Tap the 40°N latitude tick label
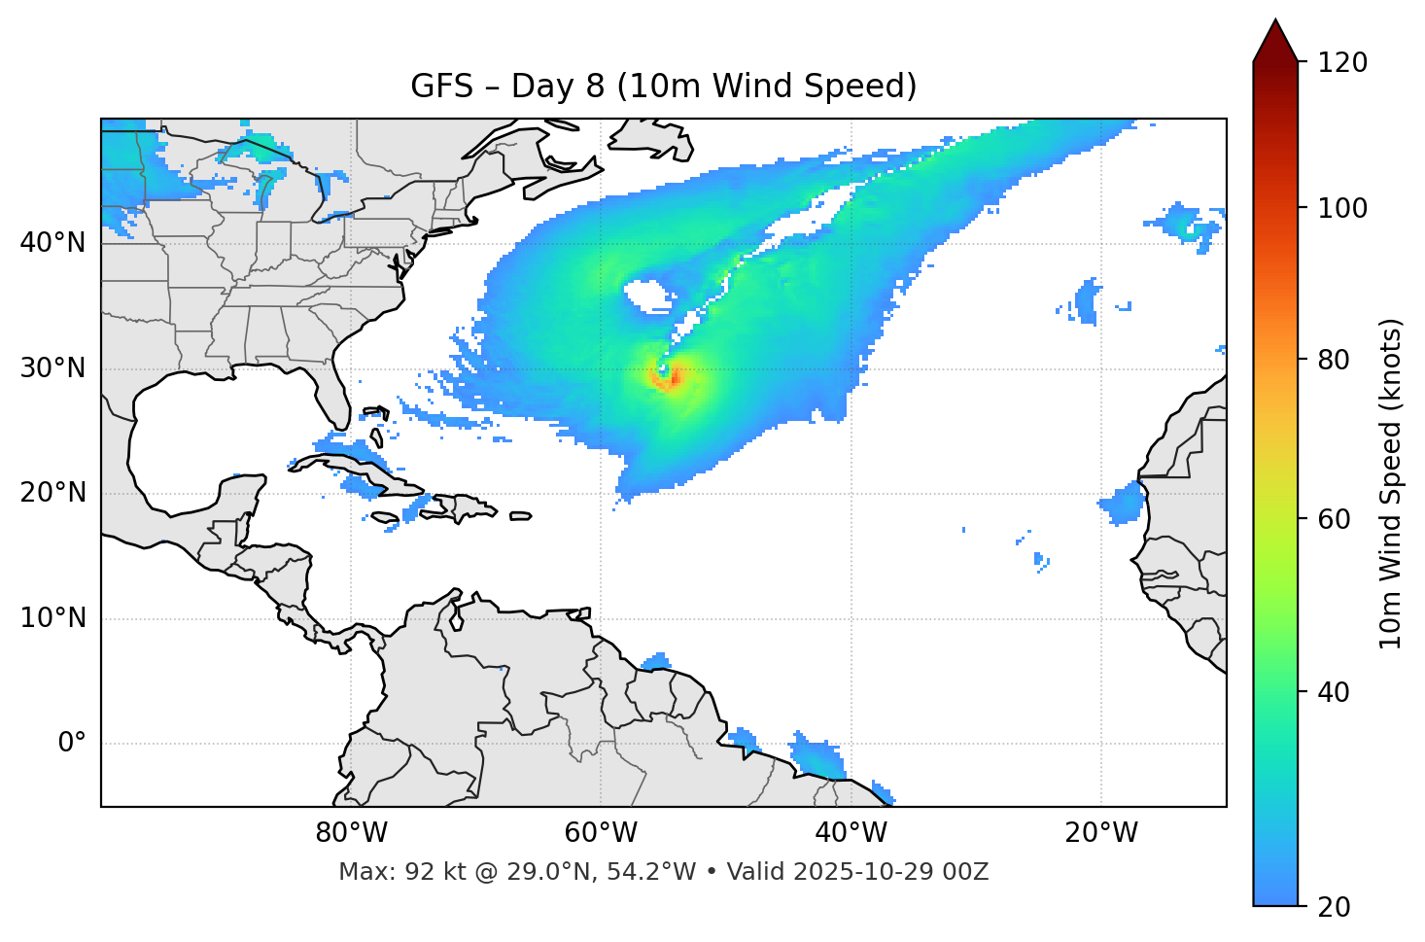[x=52, y=242]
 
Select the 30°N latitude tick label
[x=52, y=368]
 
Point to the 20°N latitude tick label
[x=52, y=493]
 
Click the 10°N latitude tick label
[x=52, y=618]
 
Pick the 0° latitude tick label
[x=72, y=744]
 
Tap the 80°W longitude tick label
[x=351, y=833]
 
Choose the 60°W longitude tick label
[x=601, y=833]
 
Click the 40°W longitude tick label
[x=851, y=833]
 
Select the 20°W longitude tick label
[x=1100, y=833]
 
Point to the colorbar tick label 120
[x=1342, y=62]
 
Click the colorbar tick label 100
[x=1342, y=208]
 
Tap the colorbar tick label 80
[x=1336, y=360]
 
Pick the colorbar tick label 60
[x=1336, y=519]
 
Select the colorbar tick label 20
[x=1336, y=907]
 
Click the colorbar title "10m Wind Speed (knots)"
[x=1391, y=483]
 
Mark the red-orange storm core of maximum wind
[x=670, y=377]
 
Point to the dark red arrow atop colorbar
[x=1275, y=41]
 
